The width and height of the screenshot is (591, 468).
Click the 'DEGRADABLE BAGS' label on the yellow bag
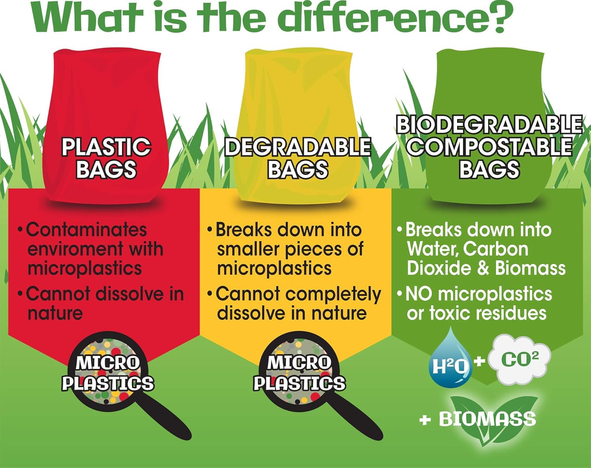[x=298, y=158]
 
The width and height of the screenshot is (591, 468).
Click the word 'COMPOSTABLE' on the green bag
[x=489, y=146]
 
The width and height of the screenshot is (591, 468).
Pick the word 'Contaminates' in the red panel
[x=86, y=230]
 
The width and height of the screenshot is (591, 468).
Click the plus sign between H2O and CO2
[x=479, y=360]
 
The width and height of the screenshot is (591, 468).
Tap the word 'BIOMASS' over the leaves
[x=487, y=419]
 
